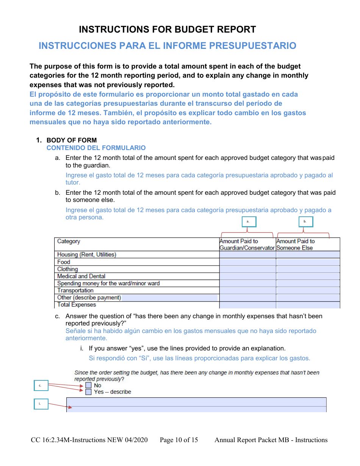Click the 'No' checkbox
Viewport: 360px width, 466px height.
(88, 385)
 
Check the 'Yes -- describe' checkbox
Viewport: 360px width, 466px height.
(88, 392)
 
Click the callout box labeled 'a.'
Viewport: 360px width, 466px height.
(249, 222)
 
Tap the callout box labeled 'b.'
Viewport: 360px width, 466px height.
(305, 222)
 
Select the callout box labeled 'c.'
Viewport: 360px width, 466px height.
(41, 386)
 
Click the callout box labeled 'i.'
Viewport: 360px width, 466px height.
(41, 404)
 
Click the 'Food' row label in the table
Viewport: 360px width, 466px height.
(64, 262)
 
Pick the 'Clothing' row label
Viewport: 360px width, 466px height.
(67, 269)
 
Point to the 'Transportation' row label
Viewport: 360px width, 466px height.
(75, 291)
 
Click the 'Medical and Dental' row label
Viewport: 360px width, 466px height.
(81, 276)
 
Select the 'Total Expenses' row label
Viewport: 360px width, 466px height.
(77, 305)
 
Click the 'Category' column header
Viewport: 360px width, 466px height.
(69, 241)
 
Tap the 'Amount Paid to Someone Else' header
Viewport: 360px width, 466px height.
(295, 244)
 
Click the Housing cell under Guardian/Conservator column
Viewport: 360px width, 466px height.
(247, 255)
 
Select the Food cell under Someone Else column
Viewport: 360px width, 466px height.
(308, 262)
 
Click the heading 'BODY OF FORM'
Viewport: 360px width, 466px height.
(71, 140)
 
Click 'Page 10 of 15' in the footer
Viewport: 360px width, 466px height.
(179, 440)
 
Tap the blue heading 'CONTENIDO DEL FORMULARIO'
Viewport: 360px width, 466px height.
(96, 148)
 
